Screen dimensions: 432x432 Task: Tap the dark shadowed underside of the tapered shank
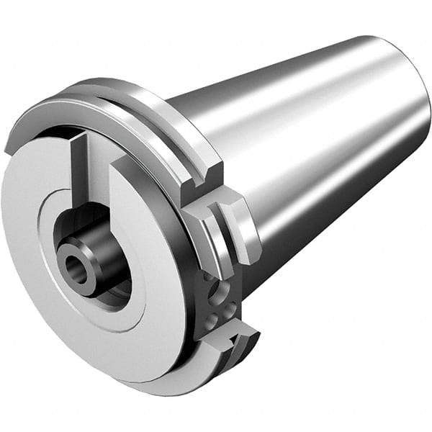pyautogui.click(x=324, y=230)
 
